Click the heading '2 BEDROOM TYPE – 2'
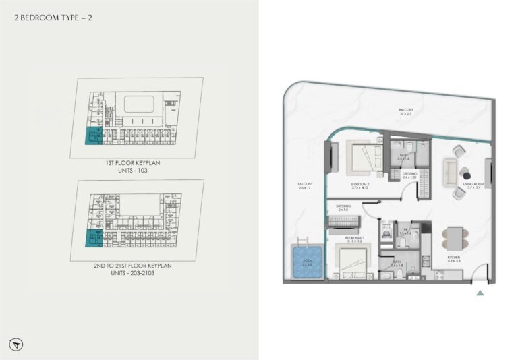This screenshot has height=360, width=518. point(53,18)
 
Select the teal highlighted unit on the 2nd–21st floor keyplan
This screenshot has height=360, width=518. point(92,238)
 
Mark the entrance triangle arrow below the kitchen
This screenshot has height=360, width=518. point(480,293)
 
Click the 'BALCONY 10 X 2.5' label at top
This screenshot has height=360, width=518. point(404,112)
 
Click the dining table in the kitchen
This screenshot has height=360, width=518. point(453,238)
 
